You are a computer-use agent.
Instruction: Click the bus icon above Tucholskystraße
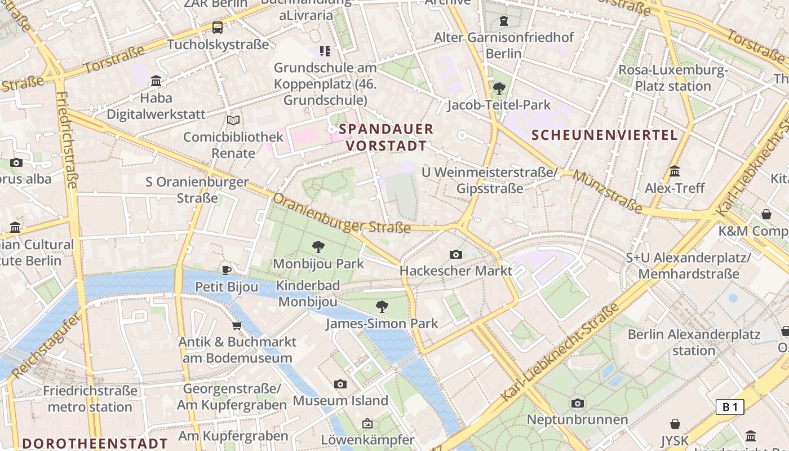click(x=217, y=27)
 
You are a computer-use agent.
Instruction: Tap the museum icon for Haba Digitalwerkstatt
click(x=156, y=81)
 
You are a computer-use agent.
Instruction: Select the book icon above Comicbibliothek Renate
click(x=233, y=120)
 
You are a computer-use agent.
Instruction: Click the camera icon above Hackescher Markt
click(x=456, y=254)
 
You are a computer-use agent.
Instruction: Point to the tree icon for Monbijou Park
click(x=318, y=246)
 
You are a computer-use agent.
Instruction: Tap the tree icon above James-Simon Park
click(x=382, y=306)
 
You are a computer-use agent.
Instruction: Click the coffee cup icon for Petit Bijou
click(x=227, y=270)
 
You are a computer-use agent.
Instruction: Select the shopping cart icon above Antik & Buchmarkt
click(x=237, y=325)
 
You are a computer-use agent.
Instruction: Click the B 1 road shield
click(x=730, y=407)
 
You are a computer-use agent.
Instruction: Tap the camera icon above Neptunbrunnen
click(x=577, y=403)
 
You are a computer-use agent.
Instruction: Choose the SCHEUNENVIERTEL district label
click(x=605, y=135)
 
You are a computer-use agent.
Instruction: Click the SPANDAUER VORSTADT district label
click(x=386, y=137)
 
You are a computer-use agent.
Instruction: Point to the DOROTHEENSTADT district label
click(x=95, y=443)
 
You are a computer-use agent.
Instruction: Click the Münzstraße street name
click(x=608, y=192)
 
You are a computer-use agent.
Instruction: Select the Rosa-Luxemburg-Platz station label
click(x=673, y=78)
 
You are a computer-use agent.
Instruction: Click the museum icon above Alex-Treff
click(x=675, y=171)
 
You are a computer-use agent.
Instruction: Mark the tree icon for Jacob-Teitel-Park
click(x=499, y=88)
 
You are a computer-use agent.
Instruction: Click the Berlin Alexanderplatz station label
click(x=694, y=342)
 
